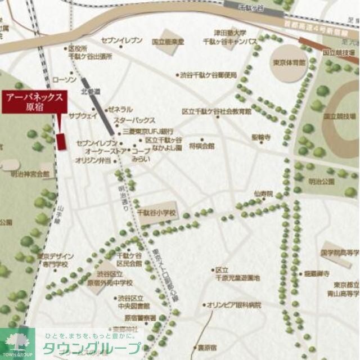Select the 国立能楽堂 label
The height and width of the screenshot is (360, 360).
coord(168,42)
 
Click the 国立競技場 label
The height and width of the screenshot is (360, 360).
coord(340,116)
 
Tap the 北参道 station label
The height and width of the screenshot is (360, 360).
coord(90,91)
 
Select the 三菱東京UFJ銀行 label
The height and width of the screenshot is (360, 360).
coord(141,130)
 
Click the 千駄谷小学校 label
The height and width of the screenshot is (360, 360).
coord(157,213)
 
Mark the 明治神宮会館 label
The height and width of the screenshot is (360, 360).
coord(30,174)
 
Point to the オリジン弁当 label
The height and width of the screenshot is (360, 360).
coord(93,160)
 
